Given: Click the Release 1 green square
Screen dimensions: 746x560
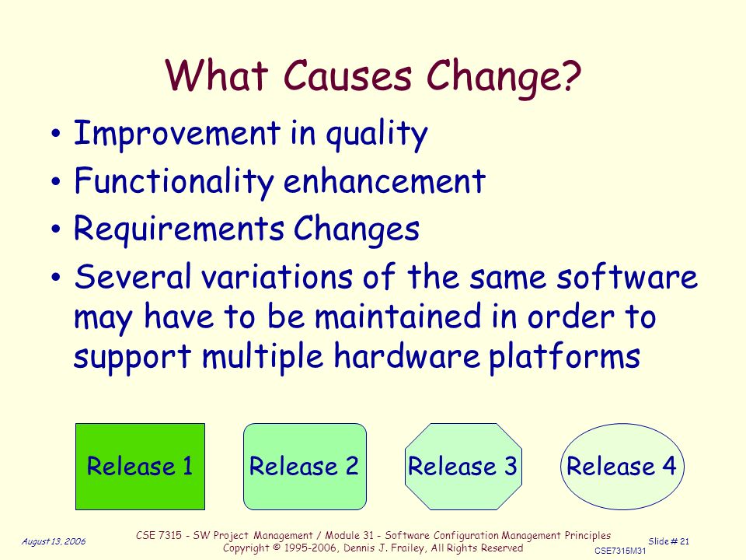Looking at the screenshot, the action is (141, 467).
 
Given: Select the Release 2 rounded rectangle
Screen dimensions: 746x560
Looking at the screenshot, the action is (305, 467).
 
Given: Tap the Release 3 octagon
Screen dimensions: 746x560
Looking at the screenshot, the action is (463, 467).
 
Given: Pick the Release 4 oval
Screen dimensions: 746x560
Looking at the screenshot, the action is (622, 467).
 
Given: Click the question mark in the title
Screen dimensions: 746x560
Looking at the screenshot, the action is (570, 75).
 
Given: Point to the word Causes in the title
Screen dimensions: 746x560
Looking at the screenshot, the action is (347, 75).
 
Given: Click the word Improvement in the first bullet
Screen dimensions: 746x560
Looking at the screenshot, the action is (177, 133).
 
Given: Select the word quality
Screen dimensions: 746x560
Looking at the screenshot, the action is (377, 135).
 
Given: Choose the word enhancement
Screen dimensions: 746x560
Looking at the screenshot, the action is (385, 181).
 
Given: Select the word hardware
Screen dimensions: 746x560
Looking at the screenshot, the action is (406, 355).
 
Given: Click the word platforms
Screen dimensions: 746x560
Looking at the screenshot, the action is (565, 357).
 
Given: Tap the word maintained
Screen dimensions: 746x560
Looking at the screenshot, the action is (398, 317).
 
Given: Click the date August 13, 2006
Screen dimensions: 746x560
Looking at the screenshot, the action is (54, 541).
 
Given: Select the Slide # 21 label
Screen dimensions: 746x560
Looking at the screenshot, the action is (668, 541).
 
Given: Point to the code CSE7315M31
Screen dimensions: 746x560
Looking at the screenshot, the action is (620, 551).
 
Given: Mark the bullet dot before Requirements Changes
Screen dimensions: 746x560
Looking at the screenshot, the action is (56, 229).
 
